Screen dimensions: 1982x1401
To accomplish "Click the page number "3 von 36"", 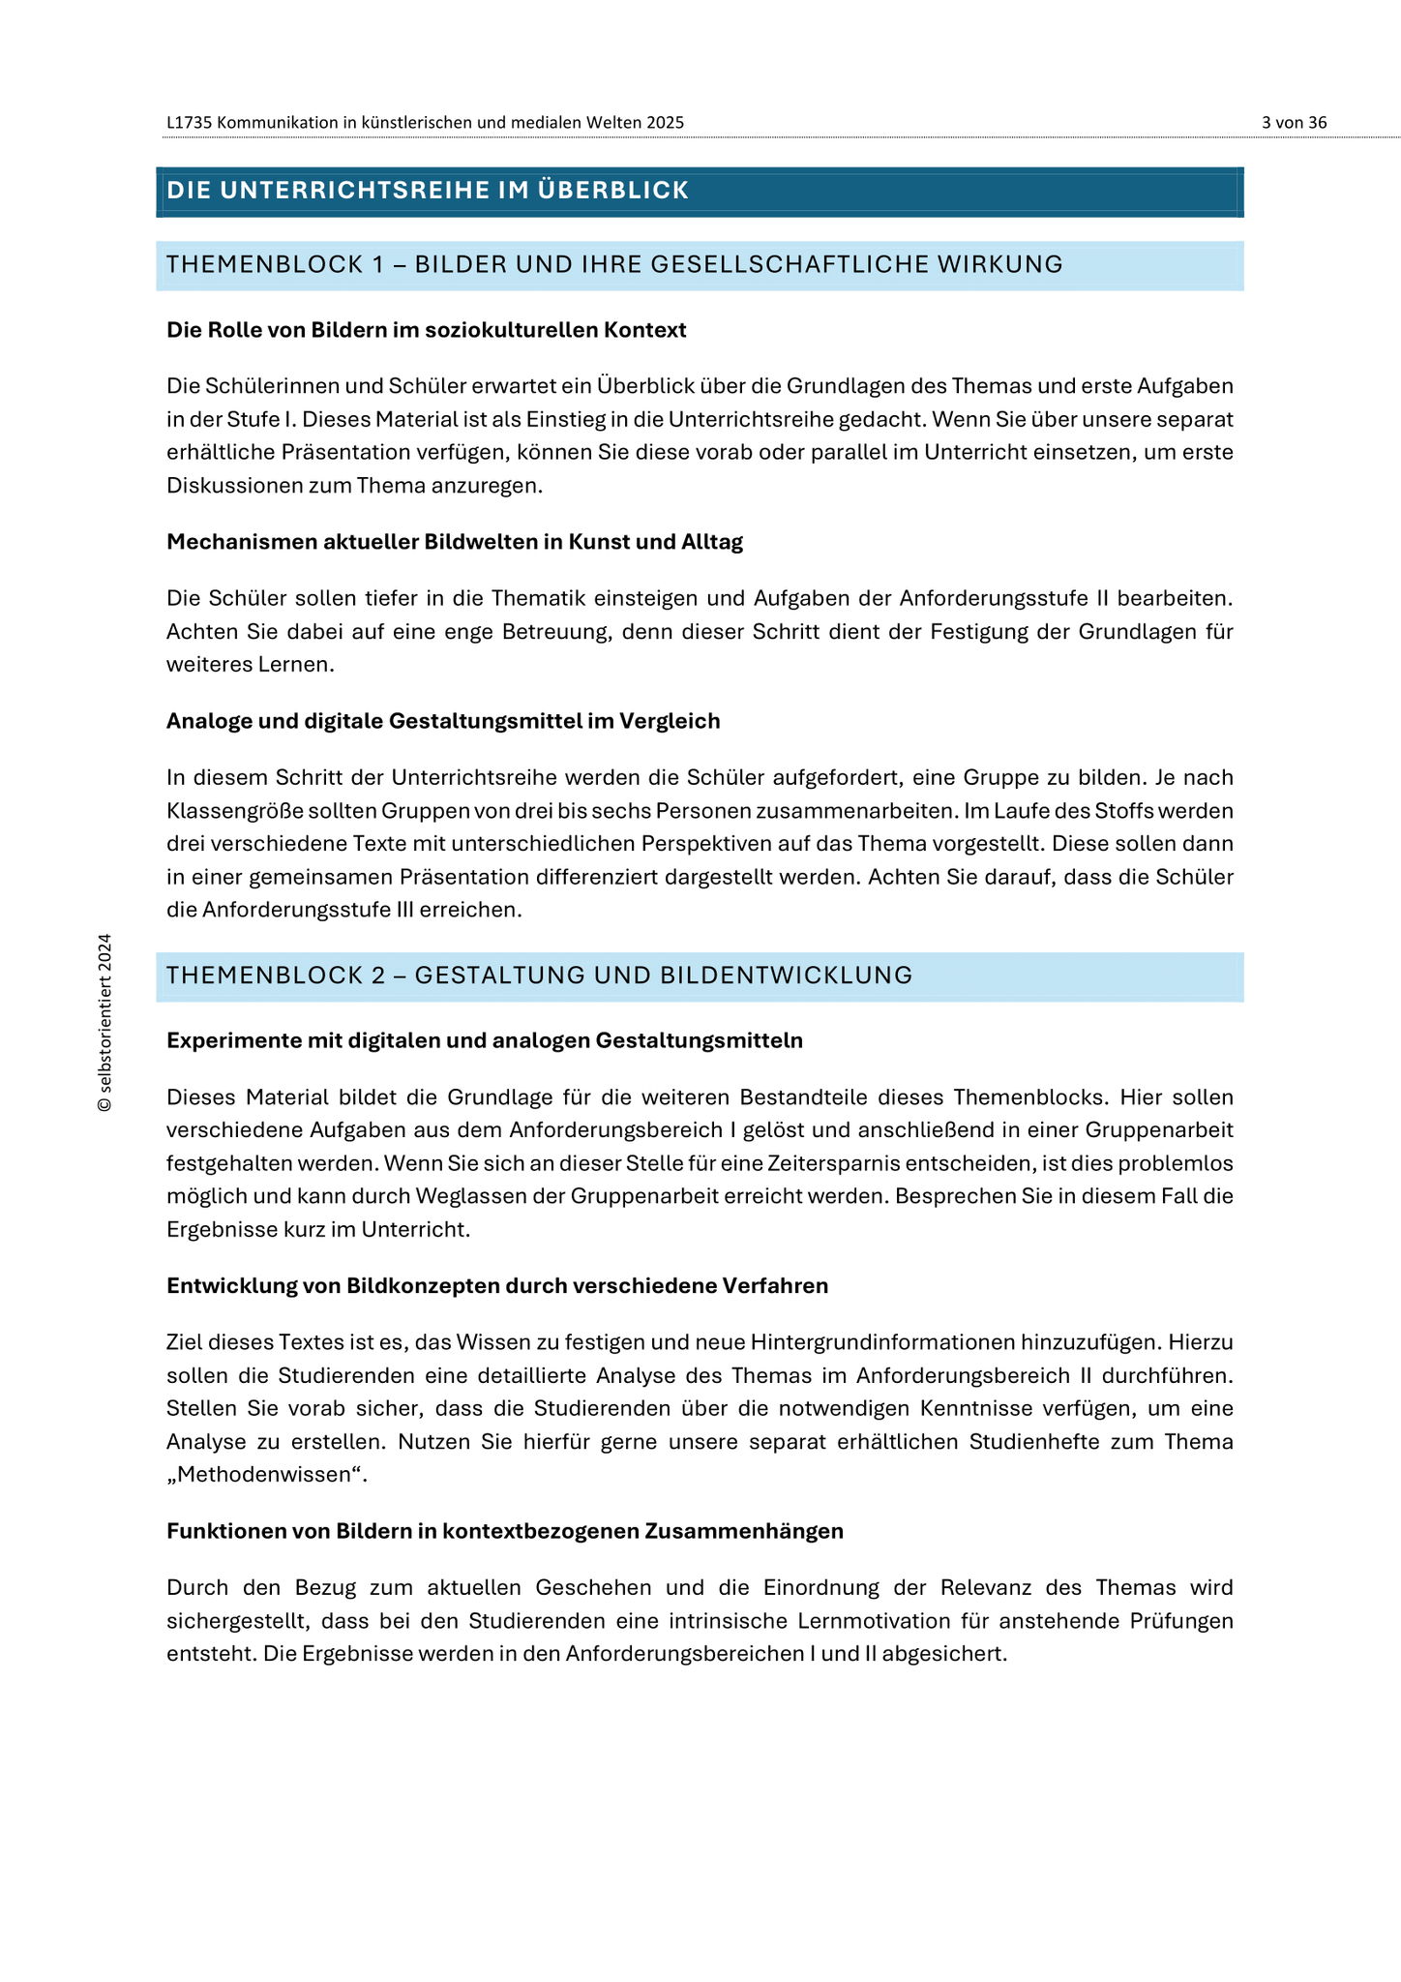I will click(1294, 123).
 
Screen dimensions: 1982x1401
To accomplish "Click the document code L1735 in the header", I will click(190, 123).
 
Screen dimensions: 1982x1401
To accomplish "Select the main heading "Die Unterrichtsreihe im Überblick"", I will click(428, 191).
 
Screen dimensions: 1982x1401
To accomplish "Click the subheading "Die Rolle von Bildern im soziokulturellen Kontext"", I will click(426, 330).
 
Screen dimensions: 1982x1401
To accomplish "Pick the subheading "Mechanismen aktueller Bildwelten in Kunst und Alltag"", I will click(455, 542).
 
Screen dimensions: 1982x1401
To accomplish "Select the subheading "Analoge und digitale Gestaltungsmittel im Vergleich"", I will click(443, 721).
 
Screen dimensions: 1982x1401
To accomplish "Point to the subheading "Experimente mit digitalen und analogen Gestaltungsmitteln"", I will click(484, 1040).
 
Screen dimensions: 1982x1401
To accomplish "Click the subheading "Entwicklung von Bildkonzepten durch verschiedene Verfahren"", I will click(497, 1286).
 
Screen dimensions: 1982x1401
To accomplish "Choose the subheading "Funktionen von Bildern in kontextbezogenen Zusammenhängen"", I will click(505, 1531).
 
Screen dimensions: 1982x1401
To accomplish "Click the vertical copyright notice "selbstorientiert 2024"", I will click(105, 1022).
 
